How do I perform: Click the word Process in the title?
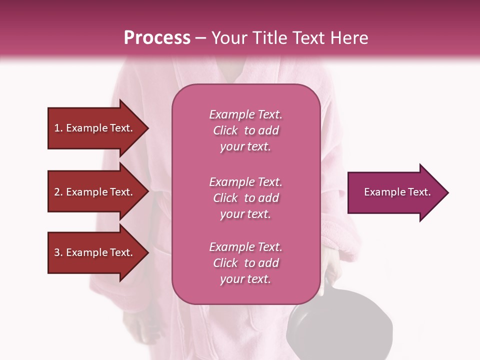coord(157,38)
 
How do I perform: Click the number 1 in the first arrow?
coord(57,128)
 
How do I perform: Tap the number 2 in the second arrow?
coord(57,192)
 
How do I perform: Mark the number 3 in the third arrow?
coord(57,253)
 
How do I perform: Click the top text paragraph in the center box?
coord(245,130)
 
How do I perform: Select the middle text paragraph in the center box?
coord(245,198)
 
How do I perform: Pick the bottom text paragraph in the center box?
coord(245,263)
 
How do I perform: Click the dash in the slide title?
coord(201,38)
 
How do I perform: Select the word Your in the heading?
coord(228,38)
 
